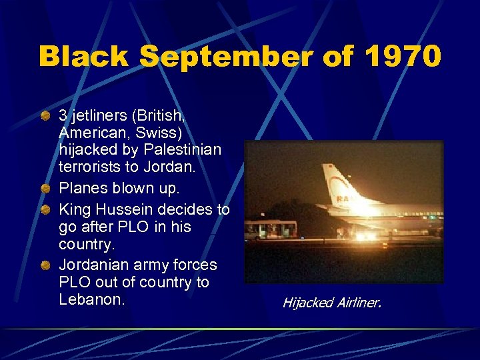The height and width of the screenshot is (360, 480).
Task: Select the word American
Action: (89, 133)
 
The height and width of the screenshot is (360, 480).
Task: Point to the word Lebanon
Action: (91, 300)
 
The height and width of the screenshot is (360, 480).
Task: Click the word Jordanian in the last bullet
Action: (93, 265)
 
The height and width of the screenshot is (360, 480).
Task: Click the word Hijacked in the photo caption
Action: (308, 303)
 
